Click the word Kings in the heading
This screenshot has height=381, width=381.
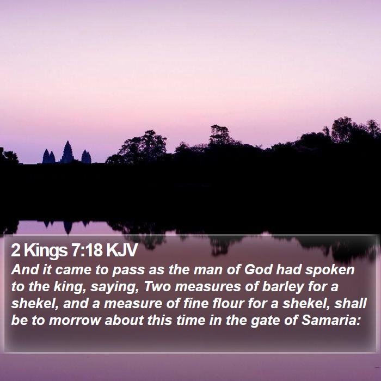click(x=46, y=250)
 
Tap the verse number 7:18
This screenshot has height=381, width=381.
click(x=87, y=250)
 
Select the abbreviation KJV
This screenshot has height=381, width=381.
click(x=122, y=250)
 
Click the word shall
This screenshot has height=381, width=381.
click(x=351, y=303)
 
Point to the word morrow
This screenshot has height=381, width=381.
click(x=75, y=320)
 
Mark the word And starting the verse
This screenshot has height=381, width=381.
click(x=25, y=269)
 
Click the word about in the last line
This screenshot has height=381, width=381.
click(x=124, y=320)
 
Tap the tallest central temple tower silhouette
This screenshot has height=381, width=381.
click(x=67, y=152)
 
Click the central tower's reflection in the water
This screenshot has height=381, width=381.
click(x=68, y=228)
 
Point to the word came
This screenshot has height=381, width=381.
click(x=73, y=270)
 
